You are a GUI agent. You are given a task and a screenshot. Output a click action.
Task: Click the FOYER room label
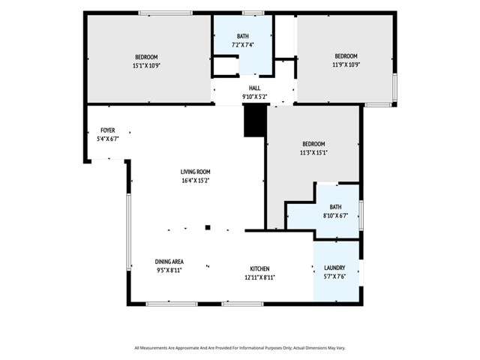tap(108, 130)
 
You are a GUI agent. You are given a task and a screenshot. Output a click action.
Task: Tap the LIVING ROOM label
tap(195, 172)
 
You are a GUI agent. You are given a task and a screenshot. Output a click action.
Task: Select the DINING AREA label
tap(169, 262)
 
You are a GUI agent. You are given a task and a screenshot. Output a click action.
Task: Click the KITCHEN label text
tap(260, 268)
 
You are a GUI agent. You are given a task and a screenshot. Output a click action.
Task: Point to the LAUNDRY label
tap(334, 268)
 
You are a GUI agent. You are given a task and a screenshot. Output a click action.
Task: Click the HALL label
tap(255, 88)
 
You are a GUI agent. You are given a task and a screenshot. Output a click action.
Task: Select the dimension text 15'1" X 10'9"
tap(147, 65)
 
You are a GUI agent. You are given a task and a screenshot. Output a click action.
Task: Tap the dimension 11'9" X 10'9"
tap(346, 64)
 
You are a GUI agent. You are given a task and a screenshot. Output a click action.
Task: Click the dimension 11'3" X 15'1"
tap(313, 152)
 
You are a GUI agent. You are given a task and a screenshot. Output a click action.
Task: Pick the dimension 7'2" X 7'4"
tap(243, 45)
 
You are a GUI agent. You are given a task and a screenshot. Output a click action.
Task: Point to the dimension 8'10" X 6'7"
tap(335, 215)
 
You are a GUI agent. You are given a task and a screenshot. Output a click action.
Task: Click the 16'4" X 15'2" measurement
tap(195, 181)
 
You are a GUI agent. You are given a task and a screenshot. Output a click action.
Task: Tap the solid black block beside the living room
tap(255, 120)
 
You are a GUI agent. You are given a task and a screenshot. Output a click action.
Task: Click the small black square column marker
tap(208, 227)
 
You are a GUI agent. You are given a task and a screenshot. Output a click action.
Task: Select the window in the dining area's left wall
tap(129, 232)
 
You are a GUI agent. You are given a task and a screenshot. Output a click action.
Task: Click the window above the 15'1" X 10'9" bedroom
tap(165, 13)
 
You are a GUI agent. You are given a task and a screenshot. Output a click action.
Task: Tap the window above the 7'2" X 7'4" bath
tap(253, 13)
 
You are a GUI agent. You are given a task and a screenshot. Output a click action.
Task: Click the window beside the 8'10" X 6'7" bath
tap(361, 215)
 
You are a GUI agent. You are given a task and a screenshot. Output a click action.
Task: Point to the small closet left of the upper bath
tap(225, 65)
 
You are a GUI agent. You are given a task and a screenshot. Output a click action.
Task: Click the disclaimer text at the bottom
tap(240, 348)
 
